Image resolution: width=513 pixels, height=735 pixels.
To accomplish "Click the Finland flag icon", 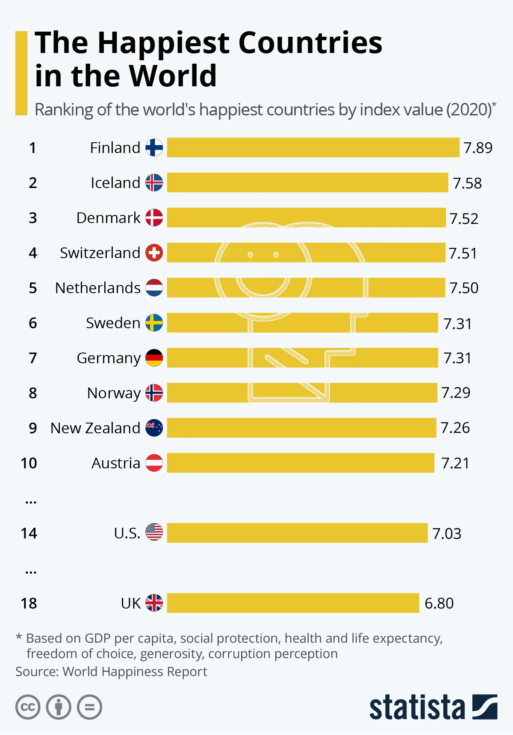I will click(x=154, y=148).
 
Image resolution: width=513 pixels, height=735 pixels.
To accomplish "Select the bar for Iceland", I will click(x=307, y=183).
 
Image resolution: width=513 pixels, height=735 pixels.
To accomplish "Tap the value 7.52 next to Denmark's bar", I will click(x=464, y=218).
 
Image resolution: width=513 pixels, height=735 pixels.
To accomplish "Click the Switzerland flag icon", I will click(x=154, y=253).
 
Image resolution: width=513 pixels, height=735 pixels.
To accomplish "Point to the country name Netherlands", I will click(x=97, y=288).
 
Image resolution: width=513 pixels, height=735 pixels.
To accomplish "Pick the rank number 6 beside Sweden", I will click(x=33, y=323).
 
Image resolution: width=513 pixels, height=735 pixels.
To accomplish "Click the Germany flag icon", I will click(x=154, y=358).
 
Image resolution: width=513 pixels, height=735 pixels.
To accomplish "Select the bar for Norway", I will click(x=302, y=393).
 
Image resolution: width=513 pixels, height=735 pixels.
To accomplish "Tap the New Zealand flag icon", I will click(x=154, y=428).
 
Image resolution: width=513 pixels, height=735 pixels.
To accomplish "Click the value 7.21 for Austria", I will click(x=455, y=463).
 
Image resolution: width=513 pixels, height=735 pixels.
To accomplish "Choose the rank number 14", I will click(x=29, y=533).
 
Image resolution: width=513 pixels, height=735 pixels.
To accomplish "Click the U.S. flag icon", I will click(x=154, y=532).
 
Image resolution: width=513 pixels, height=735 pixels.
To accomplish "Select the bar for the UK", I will click(x=293, y=603).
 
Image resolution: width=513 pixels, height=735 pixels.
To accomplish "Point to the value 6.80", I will click(x=439, y=603).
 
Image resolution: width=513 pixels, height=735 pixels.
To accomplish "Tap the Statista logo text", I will click(x=417, y=707).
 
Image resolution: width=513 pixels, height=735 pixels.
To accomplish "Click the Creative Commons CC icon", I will click(x=28, y=707).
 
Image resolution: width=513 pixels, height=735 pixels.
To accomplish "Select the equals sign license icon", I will click(x=89, y=707).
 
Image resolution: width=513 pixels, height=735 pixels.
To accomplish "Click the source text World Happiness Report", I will click(x=135, y=672).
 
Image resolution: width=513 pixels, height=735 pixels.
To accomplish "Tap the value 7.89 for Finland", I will click(x=478, y=148).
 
